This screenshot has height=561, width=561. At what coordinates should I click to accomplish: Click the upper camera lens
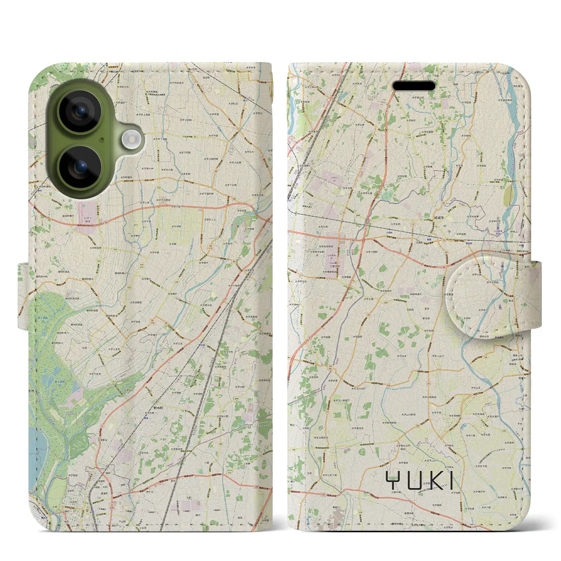point(80,111)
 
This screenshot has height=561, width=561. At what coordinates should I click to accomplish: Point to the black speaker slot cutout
point(414,86)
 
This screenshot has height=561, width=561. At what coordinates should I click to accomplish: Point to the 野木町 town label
point(157,408)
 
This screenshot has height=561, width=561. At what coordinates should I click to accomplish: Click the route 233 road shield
point(504,419)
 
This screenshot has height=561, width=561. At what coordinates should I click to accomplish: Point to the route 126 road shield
point(360,512)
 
